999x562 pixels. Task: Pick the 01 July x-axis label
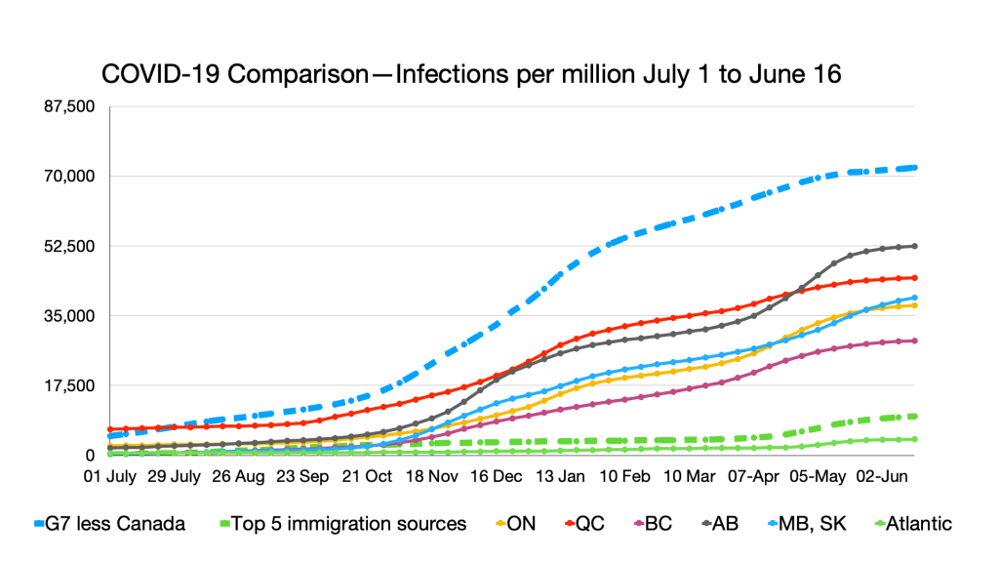(x=110, y=478)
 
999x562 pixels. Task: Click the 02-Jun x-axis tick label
(x=883, y=478)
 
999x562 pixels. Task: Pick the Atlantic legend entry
(x=913, y=524)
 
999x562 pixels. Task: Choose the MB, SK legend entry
(x=809, y=524)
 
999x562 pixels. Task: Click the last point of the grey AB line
(x=914, y=246)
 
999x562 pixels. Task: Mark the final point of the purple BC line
(x=914, y=341)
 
